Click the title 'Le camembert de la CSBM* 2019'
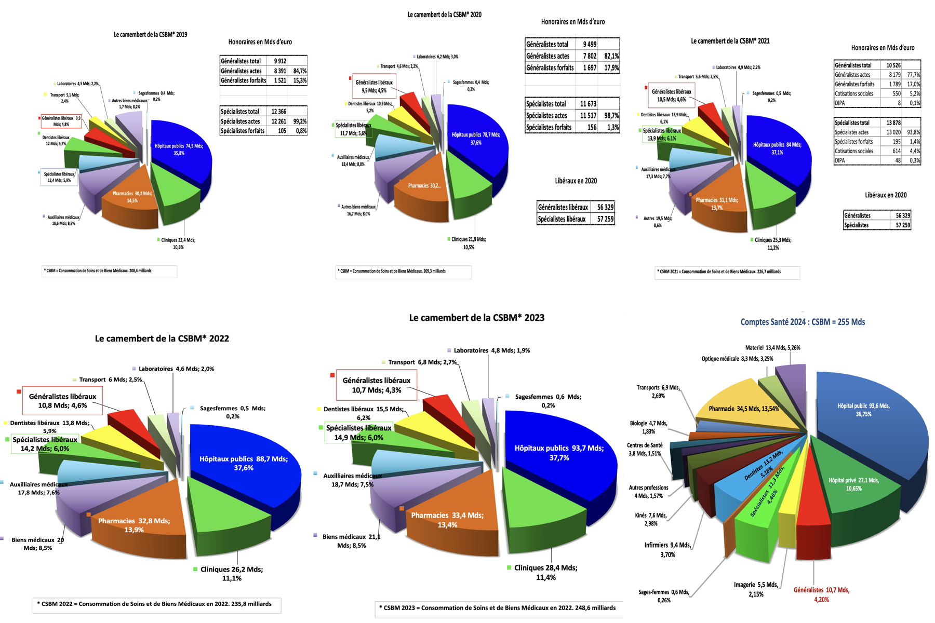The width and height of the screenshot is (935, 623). [x=151, y=35]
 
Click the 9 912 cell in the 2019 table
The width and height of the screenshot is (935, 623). [x=279, y=61]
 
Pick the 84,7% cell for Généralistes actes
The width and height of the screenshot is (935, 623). [x=299, y=71]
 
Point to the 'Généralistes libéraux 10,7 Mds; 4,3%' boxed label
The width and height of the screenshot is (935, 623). [x=377, y=385]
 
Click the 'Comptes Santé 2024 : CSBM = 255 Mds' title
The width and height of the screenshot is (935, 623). [x=803, y=322]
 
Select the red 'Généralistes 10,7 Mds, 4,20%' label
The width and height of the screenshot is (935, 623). [x=821, y=594]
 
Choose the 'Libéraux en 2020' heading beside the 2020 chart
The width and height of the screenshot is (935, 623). [x=576, y=181]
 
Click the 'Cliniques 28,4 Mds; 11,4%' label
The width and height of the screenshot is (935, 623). [x=545, y=572]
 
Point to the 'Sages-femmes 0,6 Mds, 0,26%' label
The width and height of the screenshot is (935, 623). [x=663, y=596]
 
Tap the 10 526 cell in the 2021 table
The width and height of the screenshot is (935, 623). [x=893, y=65]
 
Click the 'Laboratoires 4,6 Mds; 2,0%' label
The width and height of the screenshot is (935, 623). [x=176, y=369]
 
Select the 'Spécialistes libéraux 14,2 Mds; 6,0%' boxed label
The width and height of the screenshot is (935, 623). [x=45, y=444]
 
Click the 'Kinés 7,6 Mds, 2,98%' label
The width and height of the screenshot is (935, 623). [x=650, y=519]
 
